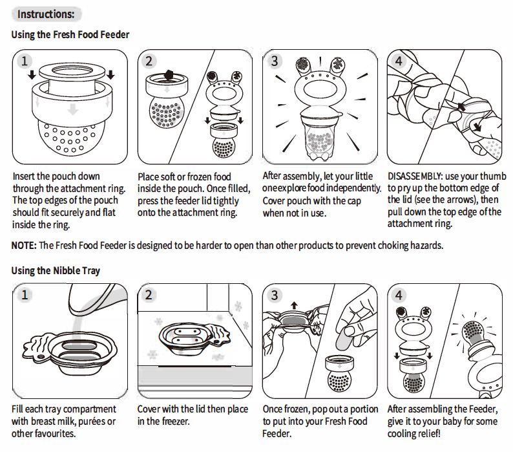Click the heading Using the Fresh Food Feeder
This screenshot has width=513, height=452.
tap(70, 34)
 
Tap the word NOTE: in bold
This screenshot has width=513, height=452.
tap(25, 246)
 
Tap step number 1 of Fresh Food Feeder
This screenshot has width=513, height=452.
tap(25, 61)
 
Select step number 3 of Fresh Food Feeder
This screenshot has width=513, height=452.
tap(275, 61)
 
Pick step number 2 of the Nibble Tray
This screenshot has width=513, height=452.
tap(149, 296)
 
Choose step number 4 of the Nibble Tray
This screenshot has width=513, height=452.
tap(399, 296)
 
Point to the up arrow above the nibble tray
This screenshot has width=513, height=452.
tap(295, 304)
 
